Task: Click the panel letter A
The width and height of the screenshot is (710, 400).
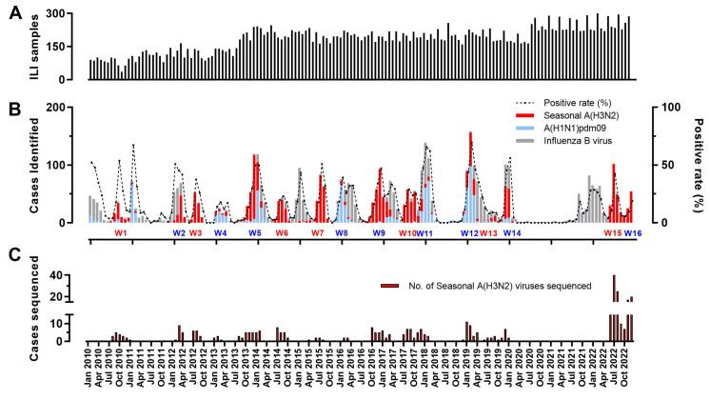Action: (x=14, y=15)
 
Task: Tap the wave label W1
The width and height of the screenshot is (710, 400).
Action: (x=121, y=233)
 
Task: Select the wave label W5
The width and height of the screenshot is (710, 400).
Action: (x=255, y=233)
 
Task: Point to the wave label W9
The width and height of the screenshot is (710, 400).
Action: (x=379, y=233)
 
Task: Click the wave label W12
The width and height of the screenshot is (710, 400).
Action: (x=469, y=233)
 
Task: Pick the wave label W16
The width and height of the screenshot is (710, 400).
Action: (x=633, y=233)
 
